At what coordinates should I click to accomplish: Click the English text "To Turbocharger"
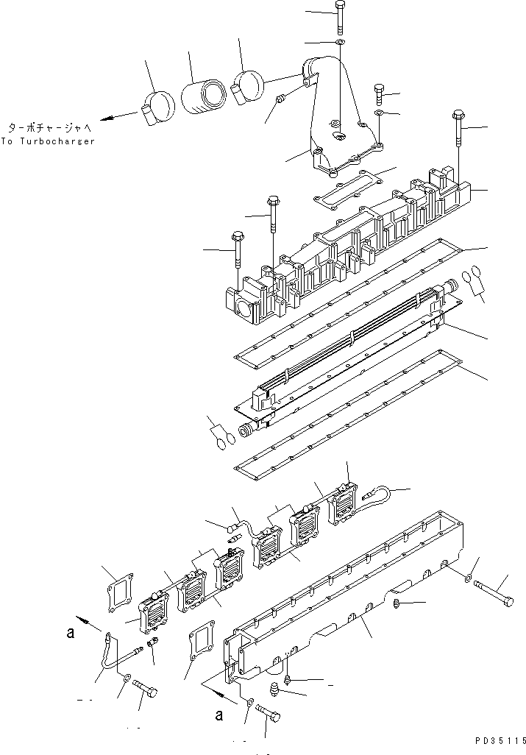49,141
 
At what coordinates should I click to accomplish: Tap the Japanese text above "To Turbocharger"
49,127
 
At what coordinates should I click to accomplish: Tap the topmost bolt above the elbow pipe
339,16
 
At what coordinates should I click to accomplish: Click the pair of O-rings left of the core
224,439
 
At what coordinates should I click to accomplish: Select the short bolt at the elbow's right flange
379,93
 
